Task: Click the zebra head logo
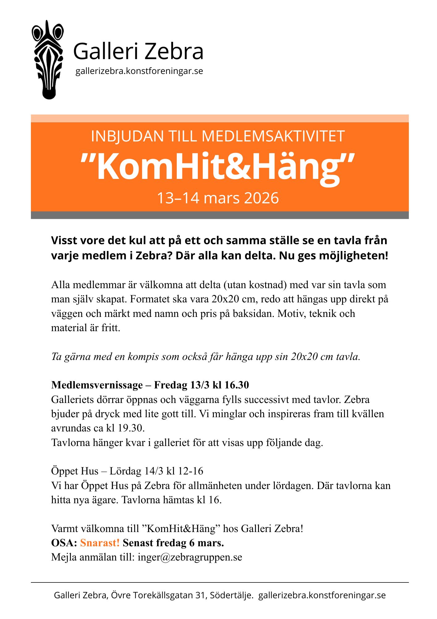pos(48,60)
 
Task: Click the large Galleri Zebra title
pos(138,51)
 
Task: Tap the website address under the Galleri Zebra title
pos(139,71)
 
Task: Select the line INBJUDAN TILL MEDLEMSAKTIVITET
pos(218,136)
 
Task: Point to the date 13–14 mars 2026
pos(218,198)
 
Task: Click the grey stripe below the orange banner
pos(220,215)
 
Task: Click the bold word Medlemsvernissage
pos(97,385)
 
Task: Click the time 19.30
pos(131,428)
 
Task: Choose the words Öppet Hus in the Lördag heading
pos(75,471)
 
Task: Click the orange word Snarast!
pos(100,543)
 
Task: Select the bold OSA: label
pos(64,543)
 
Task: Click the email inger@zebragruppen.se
pos(190,557)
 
